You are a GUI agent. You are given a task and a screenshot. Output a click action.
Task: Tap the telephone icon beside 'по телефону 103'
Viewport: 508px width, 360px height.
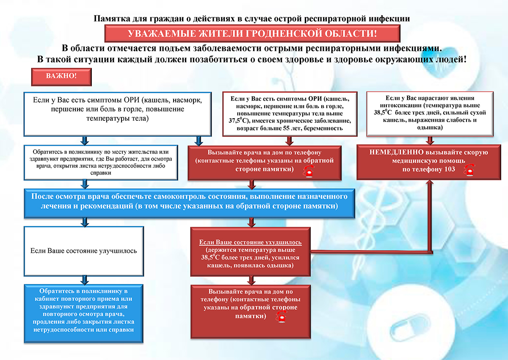coord(468,169)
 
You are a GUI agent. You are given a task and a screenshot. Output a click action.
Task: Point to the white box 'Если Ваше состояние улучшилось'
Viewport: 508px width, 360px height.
coord(84,251)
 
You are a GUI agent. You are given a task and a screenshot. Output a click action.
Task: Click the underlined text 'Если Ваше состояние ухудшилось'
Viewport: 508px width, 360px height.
coord(251,242)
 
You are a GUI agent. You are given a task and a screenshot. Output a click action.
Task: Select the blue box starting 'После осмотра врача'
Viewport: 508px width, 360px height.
coord(189,202)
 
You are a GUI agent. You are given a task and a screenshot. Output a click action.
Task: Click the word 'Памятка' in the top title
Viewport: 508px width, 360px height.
coord(110,18)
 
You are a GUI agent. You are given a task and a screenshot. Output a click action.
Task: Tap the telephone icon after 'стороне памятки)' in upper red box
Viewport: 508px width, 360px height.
coord(308,170)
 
